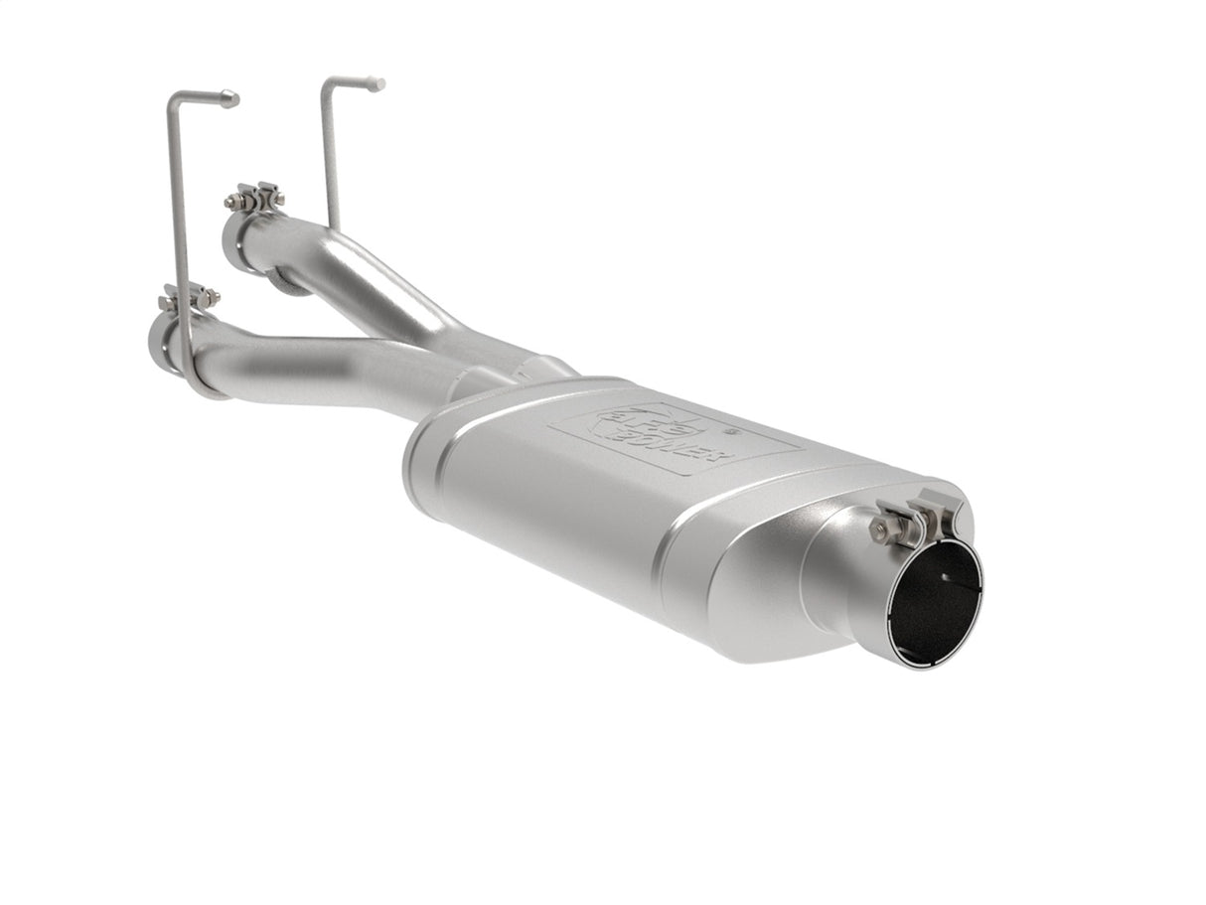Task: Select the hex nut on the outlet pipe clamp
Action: [x=879, y=529]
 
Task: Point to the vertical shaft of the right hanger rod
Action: [x=330, y=149]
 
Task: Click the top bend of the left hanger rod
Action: [x=175, y=95]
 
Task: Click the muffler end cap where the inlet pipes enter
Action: [x=427, y=467]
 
